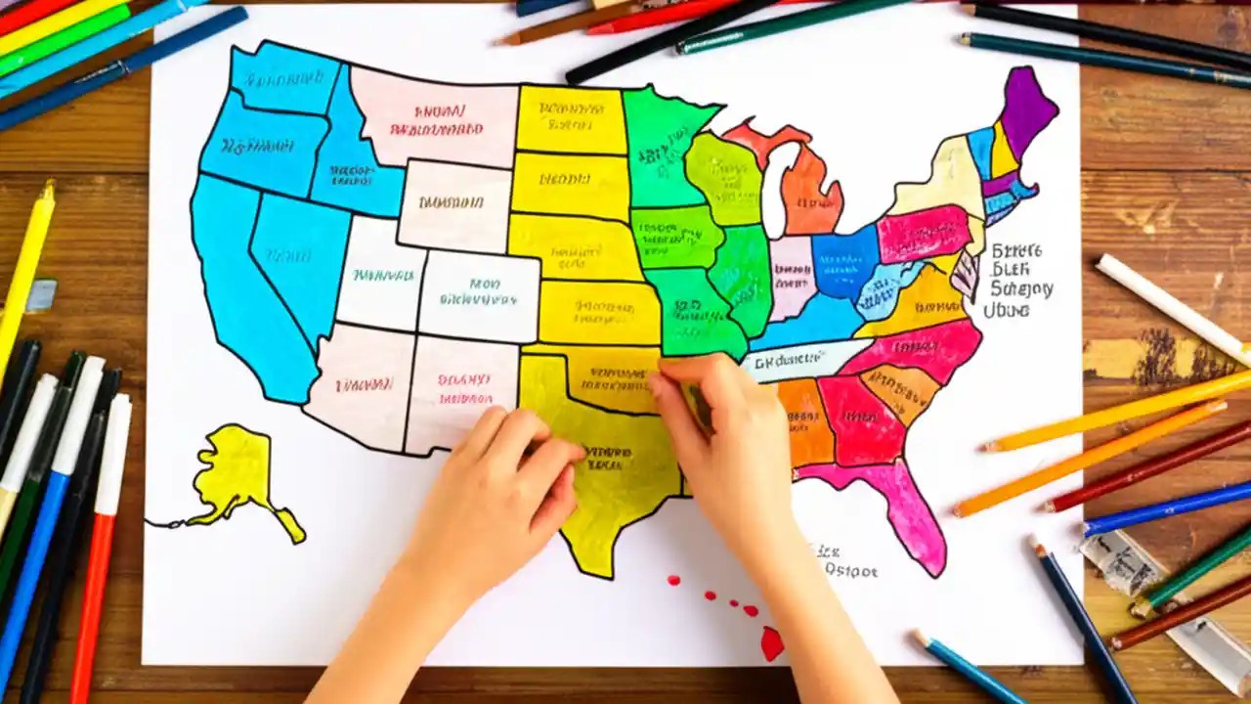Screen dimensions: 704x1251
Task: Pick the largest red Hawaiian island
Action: pos(771,642)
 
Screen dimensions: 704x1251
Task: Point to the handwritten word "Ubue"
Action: pos(1007,310)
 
